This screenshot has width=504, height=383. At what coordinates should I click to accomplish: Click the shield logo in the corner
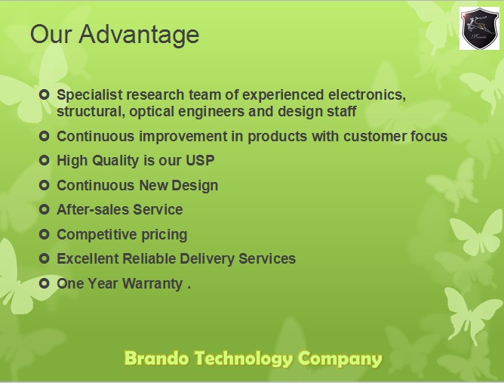point(479,29)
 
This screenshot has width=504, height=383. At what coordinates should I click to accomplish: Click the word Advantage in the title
point(139,35)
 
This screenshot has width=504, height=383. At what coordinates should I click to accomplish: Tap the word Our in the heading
point(51,34)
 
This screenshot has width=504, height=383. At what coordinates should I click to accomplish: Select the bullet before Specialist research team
point(44,94)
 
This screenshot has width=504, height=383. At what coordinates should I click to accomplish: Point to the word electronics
point(367,95)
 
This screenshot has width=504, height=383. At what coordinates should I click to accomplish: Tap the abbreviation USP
point(200,160)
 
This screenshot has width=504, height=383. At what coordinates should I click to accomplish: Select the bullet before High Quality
point(44,160)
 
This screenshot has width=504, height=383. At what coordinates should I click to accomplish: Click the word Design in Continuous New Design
point(195,186)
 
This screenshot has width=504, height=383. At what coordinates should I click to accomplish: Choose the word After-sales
point(93,209)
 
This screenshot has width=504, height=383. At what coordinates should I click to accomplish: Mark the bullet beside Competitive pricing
point(44,234)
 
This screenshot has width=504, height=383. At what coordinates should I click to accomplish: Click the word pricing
point(164,235)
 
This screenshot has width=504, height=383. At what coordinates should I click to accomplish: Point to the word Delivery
point(207,259)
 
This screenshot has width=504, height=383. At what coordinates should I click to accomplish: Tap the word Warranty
point(152,284)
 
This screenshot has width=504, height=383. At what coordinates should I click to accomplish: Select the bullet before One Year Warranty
point(44,283)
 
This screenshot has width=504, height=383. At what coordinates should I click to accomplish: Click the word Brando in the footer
point(156,358)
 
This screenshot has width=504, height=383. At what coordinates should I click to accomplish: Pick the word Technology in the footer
point(243,359)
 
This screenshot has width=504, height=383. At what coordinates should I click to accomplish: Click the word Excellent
point(88,259)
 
